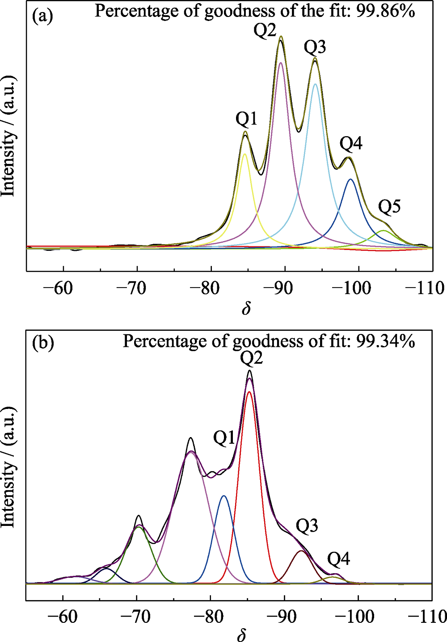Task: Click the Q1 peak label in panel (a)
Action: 246,119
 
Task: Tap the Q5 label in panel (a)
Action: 389,207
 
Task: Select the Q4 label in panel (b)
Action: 338,559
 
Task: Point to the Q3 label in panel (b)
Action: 307,526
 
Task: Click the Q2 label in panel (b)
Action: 251,358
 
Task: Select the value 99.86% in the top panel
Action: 385,11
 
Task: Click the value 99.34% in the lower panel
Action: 385,341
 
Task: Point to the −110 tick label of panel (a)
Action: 424,288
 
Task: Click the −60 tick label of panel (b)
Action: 62,617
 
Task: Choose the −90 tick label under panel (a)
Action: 281,288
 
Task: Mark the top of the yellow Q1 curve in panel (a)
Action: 245,154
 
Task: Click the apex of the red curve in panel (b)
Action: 249,392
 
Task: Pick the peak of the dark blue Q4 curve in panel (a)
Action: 350,179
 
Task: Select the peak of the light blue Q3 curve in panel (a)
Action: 315,84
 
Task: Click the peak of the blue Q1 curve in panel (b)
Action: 224,496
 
